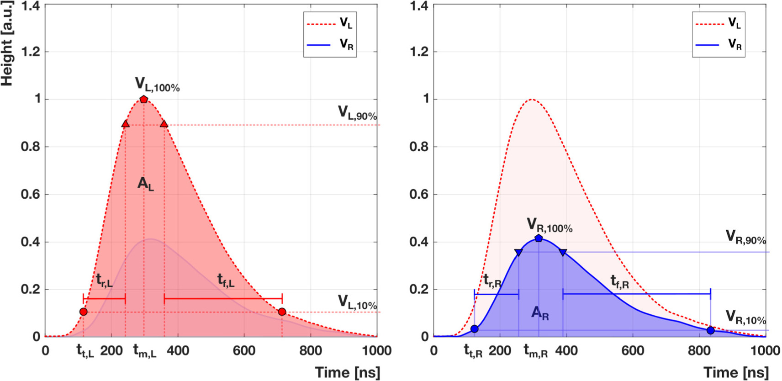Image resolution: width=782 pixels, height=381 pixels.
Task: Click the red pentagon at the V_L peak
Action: (144, 99)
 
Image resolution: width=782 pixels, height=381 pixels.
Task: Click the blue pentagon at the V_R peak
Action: (539, 238)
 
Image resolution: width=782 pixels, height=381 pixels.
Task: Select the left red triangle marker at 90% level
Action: (126, 124)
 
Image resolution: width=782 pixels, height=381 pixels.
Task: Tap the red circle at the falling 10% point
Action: (282, 312)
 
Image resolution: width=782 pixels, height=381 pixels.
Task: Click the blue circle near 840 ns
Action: (710, 330)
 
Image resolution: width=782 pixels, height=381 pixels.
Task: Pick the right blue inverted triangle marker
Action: (563, 252)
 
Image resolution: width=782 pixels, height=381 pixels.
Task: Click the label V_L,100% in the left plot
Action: (157, 85)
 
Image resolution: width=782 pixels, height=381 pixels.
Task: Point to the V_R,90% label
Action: (745, 238)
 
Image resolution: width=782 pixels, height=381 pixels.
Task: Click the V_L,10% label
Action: (357, 302)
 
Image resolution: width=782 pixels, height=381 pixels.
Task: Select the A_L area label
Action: (146, 184)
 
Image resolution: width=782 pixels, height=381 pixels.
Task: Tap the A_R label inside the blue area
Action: (540, 313)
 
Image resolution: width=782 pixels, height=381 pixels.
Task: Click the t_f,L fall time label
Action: (226, 280)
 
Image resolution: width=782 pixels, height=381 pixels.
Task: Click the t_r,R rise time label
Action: (492, 280)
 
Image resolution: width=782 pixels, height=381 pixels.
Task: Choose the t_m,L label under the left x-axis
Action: (144, 351)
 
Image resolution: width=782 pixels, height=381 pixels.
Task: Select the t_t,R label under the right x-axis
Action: (473, 351)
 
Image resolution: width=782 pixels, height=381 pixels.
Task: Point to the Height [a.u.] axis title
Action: (7, 43)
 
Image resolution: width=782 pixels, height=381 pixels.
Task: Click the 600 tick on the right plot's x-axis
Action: (633, 351)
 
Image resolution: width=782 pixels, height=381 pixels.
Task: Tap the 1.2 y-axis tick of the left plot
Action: (31, 52)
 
